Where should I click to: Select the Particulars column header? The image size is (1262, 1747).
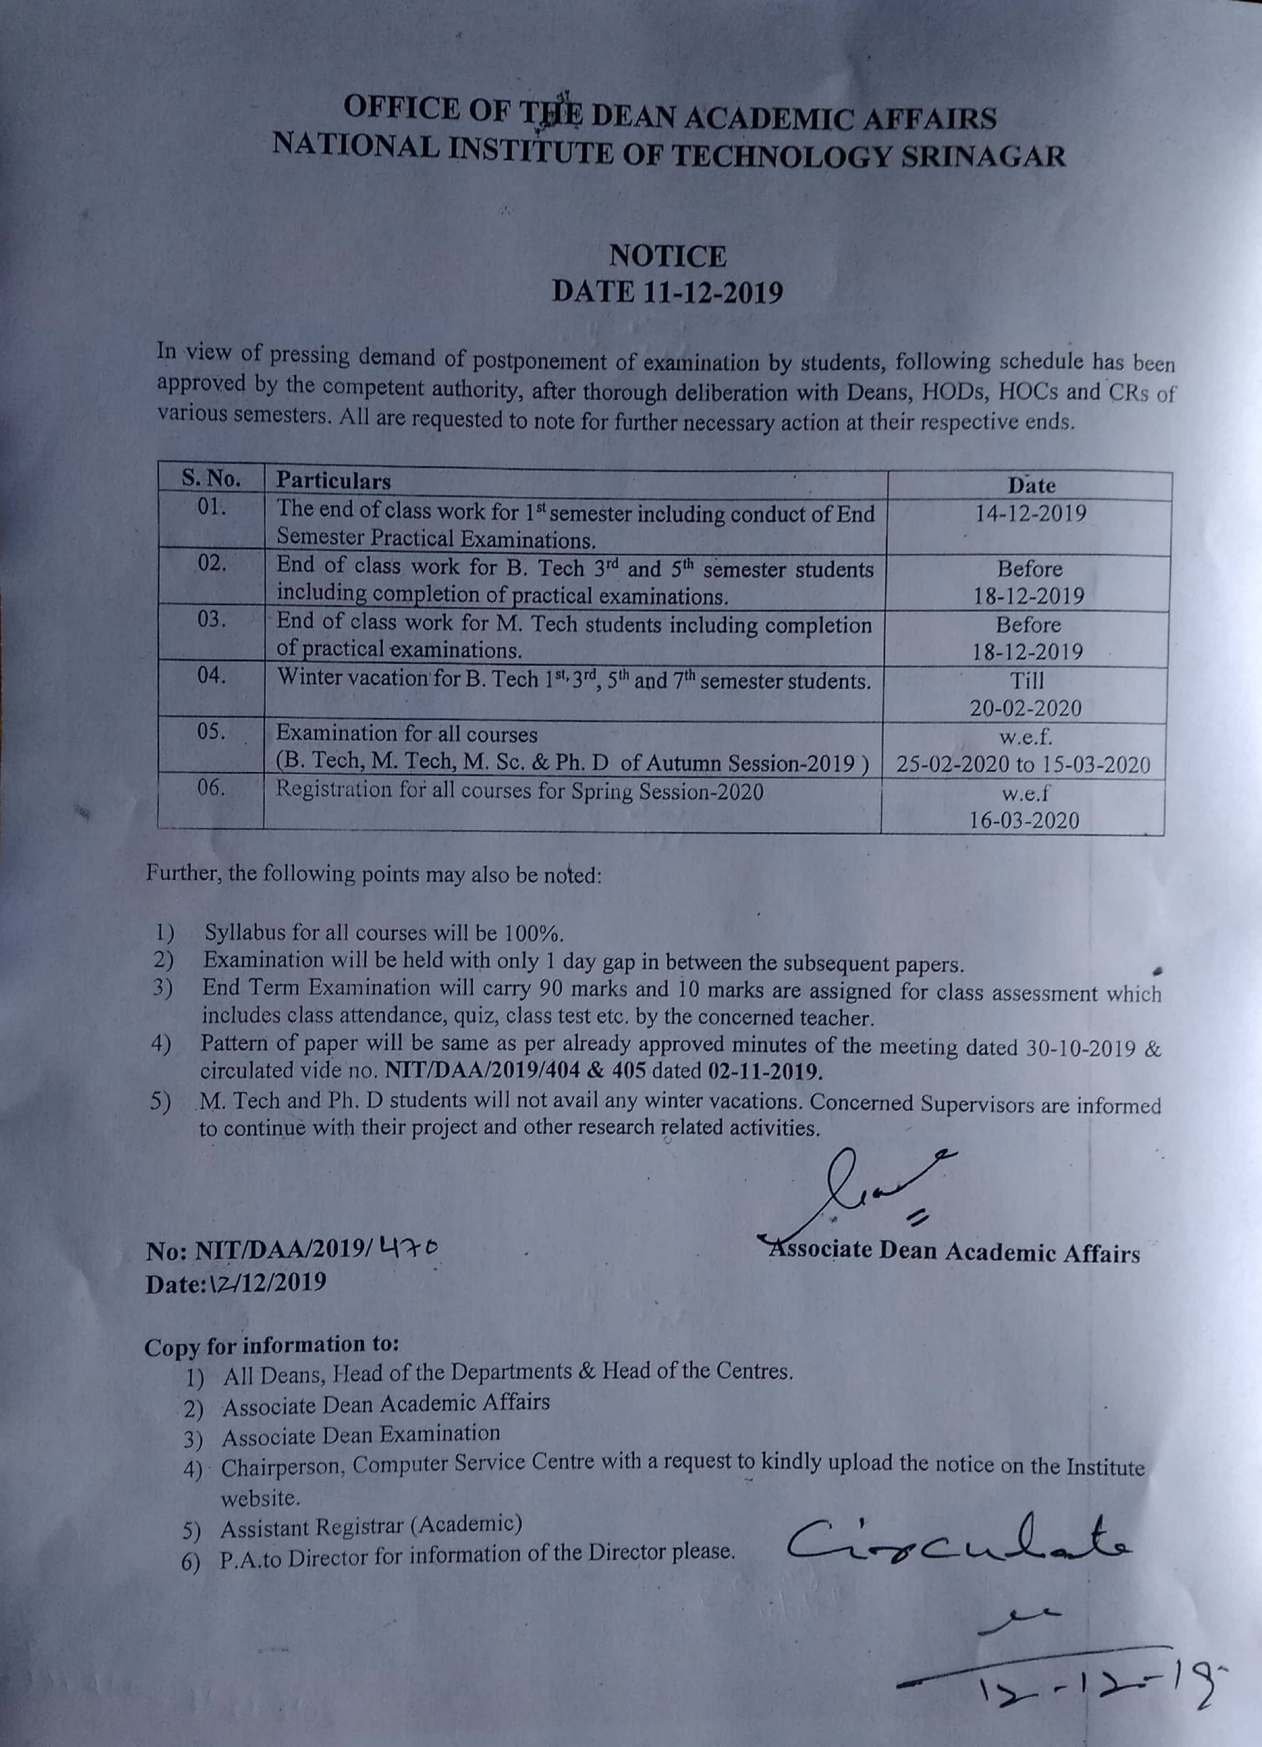pos(334,481)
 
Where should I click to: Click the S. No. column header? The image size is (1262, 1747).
pos(210,479)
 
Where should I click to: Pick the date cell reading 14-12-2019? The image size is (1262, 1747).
pos(1030,514)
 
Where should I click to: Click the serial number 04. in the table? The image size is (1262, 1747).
pos(211,676)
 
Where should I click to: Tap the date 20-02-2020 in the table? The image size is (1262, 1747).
pos(1025,708)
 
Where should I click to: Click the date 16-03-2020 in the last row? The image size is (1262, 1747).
pos(1024,820)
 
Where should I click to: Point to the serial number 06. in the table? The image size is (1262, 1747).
pos(211,787)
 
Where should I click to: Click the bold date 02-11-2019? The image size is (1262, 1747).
pos(763,1072)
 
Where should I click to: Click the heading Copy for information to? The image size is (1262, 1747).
pos(271,1345)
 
